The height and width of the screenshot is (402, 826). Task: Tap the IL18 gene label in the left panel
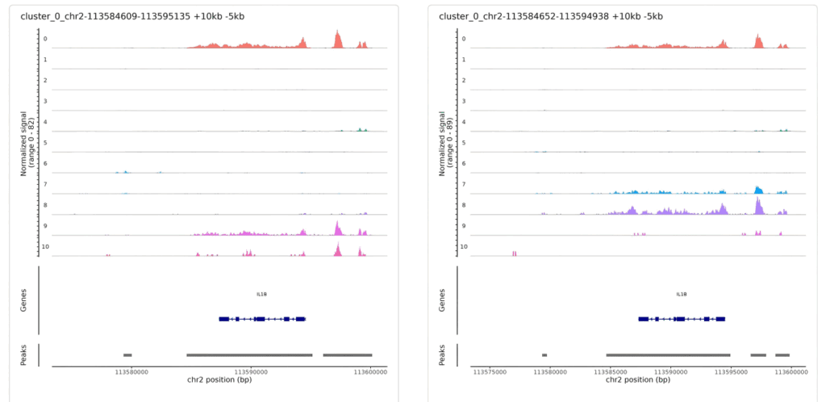[261, 295]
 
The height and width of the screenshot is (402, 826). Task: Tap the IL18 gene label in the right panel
[682, 295]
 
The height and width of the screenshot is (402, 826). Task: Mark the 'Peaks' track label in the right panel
[443, 354]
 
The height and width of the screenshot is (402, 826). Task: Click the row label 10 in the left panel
[45, 246]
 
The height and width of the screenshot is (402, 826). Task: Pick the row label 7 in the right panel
[464, 184]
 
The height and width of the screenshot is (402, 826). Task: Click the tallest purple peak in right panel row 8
[758, 204]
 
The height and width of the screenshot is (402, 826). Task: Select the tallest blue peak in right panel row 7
[757, 189]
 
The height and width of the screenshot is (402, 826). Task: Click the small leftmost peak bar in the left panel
[127, 354]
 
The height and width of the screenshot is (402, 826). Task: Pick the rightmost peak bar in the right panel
[782, 354]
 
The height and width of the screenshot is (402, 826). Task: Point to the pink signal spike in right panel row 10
[514, 253]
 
